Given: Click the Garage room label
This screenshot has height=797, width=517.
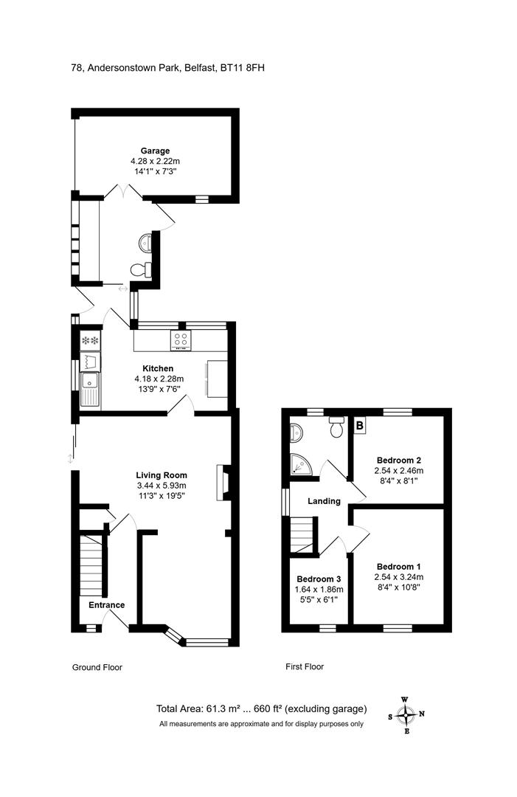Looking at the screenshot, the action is pyautogui.click(x=155, y=151).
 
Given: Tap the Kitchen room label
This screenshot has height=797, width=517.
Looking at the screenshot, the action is pyautogui.click(x=158, y=368).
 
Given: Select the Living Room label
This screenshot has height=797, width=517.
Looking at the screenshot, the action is pyautogui.click(x=162, y=475).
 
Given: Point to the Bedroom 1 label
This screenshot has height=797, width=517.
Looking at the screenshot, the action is pyautogui.click(x=399, y=567).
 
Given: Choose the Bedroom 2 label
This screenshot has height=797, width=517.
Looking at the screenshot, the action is pyautogui.click(x=399, y=460).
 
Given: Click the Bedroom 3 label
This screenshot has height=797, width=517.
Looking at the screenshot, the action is pyautogui.click(x=319, y=579).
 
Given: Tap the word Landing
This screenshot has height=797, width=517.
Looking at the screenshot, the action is pyautogui.click(x=324, y=501).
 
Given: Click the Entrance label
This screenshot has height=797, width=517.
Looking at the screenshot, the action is pyautogui.click(x=107, y=605).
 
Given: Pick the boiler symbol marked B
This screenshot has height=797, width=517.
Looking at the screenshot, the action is pyautogui.click(x=360, y=425).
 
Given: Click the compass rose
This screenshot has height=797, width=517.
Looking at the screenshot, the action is pyautogui.click(x=406, y=714).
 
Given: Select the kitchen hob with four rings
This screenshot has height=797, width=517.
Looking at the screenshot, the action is pyautogui.click(x=181, y=340).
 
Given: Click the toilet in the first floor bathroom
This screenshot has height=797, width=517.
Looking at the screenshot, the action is pyautogui.click(x=337, y=427).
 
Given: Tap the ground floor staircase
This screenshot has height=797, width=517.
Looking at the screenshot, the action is pyautogui.click(x=92, y=565).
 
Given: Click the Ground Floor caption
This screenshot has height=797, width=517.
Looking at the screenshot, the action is pyautogui.click(x=97, y=667).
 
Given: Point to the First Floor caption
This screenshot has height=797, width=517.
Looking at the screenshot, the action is pyautogui.click(x=304, y=666).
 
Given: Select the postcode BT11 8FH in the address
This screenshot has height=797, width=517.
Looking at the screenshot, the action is pyautogui.click(x=242, y=68).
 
